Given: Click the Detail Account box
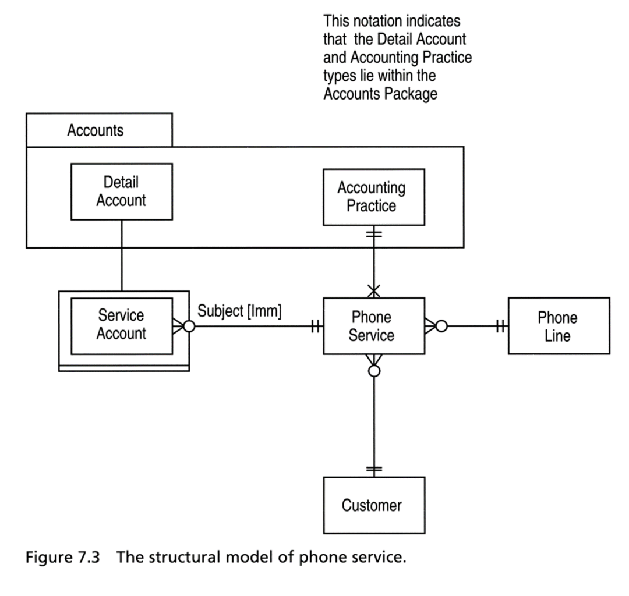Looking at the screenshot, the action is point(122,191).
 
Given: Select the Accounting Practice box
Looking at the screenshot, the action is point(374,197).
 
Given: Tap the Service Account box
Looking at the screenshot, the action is point(122,326).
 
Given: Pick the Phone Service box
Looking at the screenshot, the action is point(374,326).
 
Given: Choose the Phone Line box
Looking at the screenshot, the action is point(559,326).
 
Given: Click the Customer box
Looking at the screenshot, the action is point(374,505).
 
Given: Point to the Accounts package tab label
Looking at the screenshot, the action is point(95,130).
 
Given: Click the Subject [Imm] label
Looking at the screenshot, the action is point(239,311).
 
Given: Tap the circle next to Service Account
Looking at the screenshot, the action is point(189,327).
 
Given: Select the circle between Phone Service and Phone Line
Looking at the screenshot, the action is point(441,327).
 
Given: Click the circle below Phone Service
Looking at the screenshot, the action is point(374,371).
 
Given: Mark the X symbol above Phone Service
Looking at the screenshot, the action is point(374,290).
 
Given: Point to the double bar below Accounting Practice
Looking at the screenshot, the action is point(374,233).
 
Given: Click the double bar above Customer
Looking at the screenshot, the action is point(374,469).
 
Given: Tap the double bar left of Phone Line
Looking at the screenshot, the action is point(500,327).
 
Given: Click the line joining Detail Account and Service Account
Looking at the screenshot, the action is point(122,256).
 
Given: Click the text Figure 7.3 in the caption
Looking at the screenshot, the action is point(62,557).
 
